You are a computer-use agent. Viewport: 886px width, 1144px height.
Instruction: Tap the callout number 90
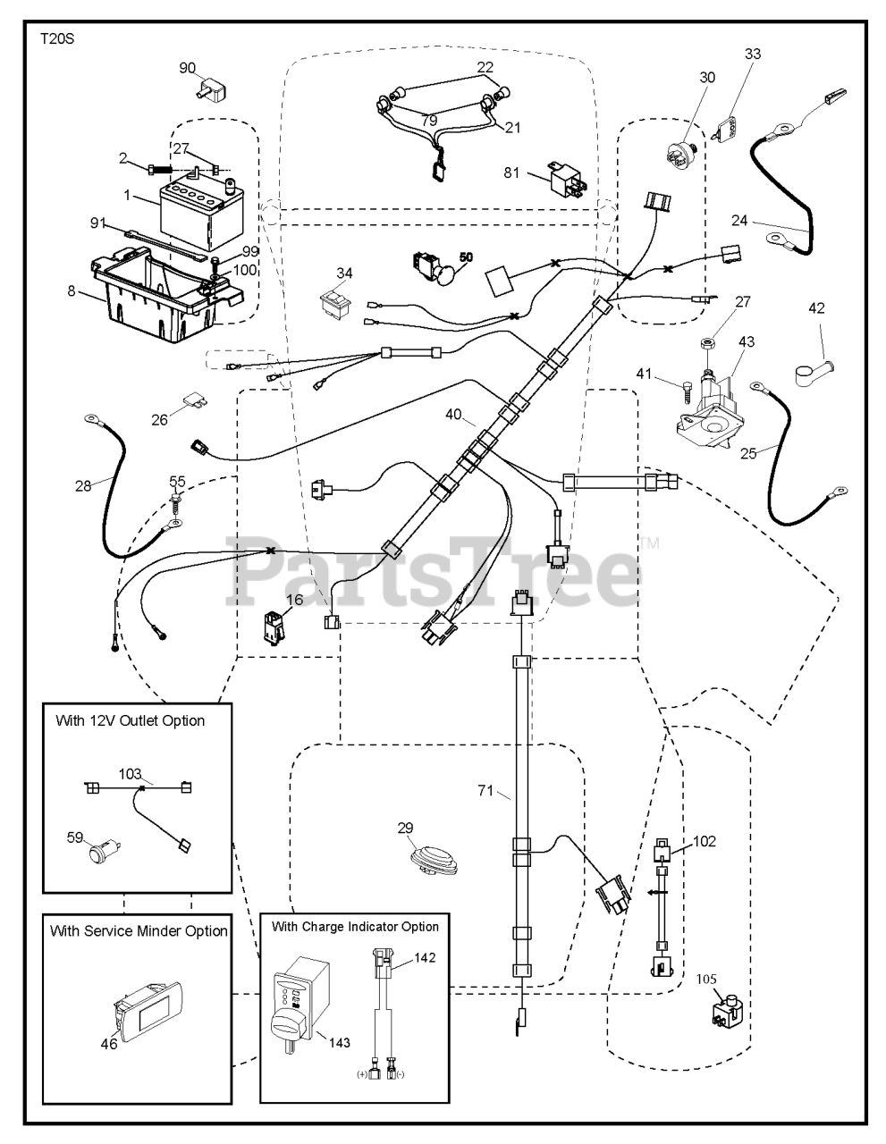(x=187, y=68)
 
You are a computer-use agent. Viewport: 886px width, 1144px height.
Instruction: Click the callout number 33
(x=753, y=55)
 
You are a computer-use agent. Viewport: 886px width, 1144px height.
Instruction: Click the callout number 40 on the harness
(x=454, y=414)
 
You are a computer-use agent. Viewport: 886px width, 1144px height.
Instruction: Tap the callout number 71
(x=485, y=790)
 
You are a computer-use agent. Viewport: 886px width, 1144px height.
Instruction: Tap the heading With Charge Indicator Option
(x=355, y=927)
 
